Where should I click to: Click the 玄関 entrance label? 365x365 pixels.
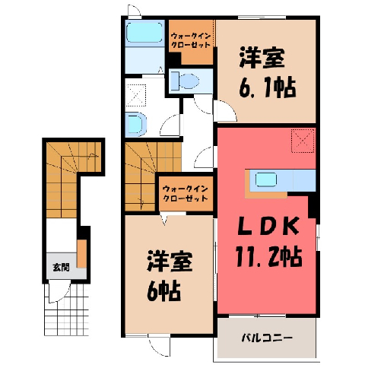(x=61, y=268)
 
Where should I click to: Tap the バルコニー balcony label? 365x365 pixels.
(x=267, y=338)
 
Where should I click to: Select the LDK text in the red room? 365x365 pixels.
(x=267, y=227)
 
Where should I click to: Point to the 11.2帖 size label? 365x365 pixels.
(x=269, y=256)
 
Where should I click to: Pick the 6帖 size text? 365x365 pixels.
(x=163, y=290)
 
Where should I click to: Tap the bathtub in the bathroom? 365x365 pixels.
(x=144, y=33)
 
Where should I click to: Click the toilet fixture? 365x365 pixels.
(x=185, y=81)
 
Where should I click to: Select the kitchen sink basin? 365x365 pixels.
(x=265, y=179)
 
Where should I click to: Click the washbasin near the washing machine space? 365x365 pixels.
(x=136, y=124)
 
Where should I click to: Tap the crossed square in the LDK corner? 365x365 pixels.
(x=303, y=141)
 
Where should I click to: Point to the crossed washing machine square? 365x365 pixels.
(x=136, y=95)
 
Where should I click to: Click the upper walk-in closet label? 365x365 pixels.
(x=191, y=40)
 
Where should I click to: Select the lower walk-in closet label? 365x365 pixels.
(x=186, y=193)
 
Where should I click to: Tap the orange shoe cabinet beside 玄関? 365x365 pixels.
(x=81, y=253)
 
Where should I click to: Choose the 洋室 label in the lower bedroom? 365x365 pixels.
(x=170, y=262)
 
